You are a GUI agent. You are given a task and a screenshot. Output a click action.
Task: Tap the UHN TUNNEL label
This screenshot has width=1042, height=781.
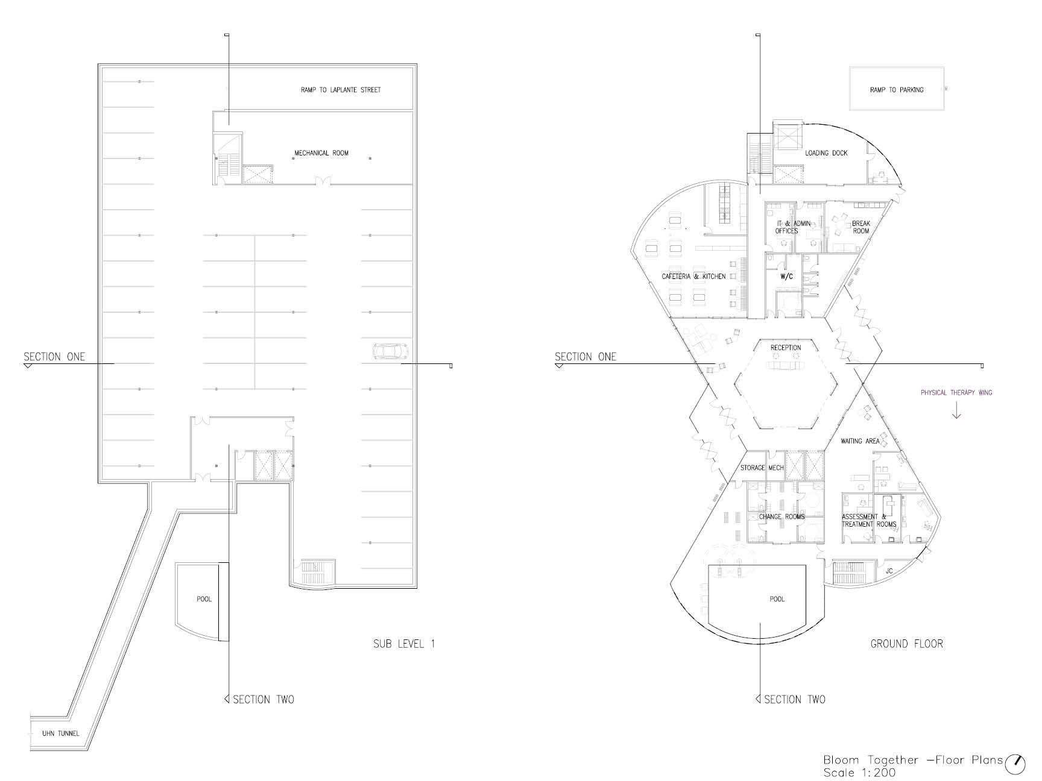click(x=60, y=733)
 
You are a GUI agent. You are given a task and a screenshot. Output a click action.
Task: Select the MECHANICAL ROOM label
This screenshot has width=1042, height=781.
click(x=321, y=153)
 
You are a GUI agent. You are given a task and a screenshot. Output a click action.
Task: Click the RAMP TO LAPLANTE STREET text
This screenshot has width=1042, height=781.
click(x=341, y=90)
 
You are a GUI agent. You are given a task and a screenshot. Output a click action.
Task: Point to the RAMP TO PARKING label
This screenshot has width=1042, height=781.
click(x=897, y=90)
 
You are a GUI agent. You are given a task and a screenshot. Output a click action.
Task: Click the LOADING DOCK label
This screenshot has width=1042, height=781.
click(x=826, y=153)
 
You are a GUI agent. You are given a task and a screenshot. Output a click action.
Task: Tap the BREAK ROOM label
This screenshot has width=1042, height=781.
click(x=861, y=227)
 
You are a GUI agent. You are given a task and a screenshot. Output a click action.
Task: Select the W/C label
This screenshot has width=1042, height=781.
click(x=786, y=277)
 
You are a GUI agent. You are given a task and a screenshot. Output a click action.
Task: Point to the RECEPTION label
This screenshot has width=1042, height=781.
click(x=786, y=348)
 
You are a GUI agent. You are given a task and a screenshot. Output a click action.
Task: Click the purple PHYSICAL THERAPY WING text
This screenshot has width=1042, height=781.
click(x=956, y=393)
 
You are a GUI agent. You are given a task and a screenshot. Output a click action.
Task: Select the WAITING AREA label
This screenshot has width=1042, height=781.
click(x=860, y=441)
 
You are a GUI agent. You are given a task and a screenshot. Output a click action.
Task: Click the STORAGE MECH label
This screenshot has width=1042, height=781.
click(x=762, y=468)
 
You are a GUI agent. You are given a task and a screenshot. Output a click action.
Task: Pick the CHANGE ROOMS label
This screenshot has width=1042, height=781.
click(x=781, y=516)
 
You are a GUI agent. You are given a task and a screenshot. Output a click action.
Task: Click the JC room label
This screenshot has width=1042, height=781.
click(x=889, y=571)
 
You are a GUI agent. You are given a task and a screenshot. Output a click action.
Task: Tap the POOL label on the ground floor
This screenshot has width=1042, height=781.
click(x=777, y=599)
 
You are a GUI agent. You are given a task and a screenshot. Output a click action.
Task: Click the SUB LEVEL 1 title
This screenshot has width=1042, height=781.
click(x=404, y=644)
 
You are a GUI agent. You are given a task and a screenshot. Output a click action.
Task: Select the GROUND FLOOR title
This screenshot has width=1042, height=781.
click(x=906, y=644)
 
